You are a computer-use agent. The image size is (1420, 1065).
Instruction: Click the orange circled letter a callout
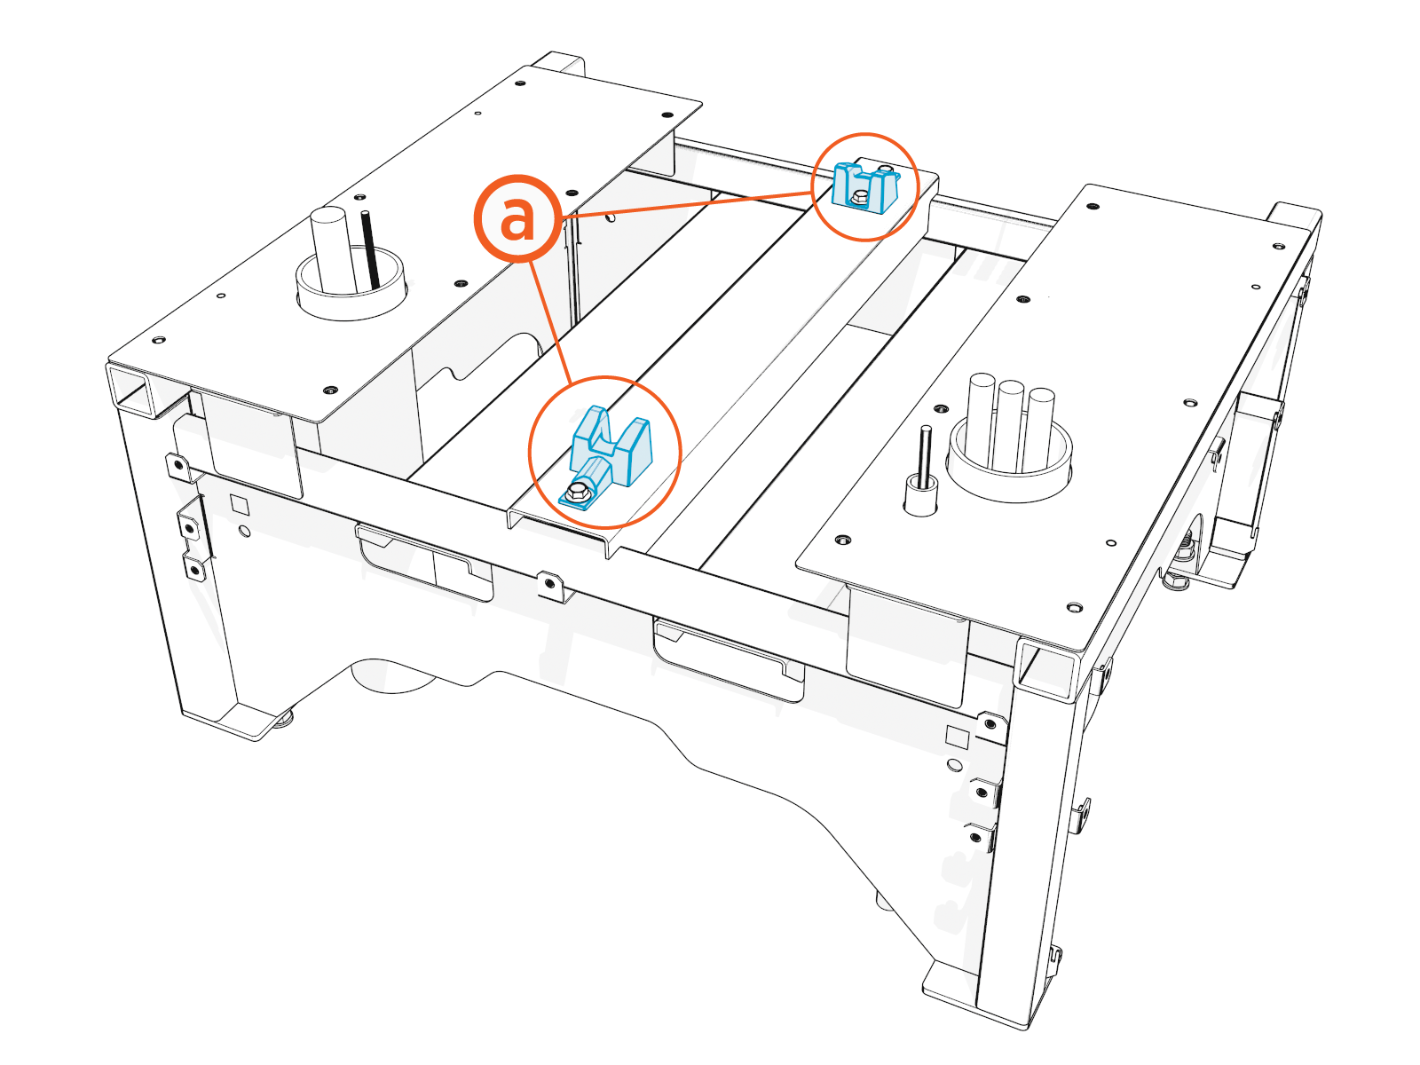[517, 217]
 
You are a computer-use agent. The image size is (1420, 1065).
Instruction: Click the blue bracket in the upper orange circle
[864, 187]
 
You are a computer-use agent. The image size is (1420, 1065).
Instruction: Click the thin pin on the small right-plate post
[925, 456]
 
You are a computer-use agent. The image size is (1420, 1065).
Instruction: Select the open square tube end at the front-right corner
[1044, 670]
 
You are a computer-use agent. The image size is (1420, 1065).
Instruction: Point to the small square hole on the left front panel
[239, 505]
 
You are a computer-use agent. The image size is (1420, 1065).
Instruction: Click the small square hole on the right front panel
[957, 736]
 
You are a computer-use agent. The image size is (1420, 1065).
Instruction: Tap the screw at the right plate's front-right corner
[1074, 608]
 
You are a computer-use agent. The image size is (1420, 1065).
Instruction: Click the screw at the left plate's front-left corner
[159, 340]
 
